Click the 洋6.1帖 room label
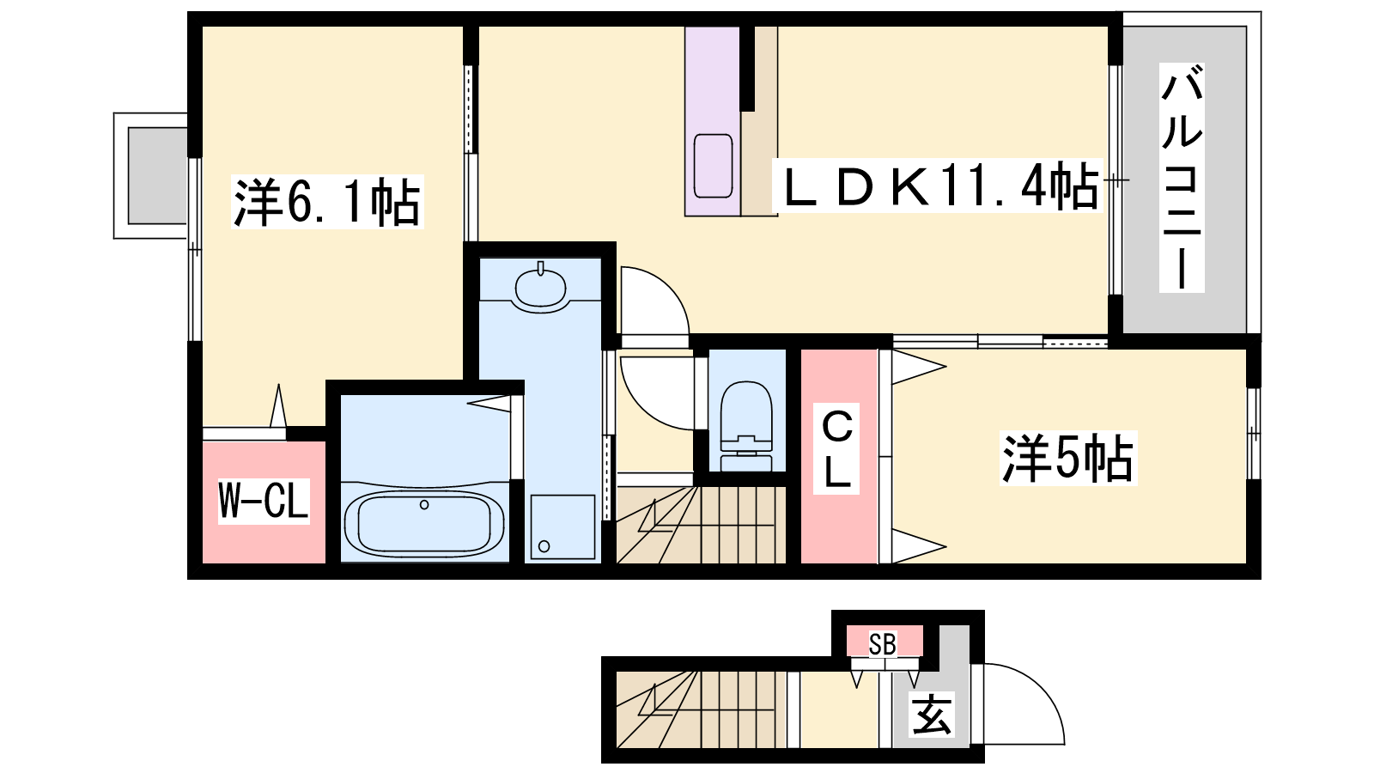pyautogui.click(x=327, y=202)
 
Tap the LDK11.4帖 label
pyautogui.click(x=938, y=186)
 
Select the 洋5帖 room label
pyautogui.click(x=1068, y=459)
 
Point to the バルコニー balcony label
pyautogui.click(x=1182, y=177)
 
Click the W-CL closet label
pyautogui.click(x=264, y=501)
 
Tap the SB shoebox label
pyautogui.click(x=883, y=644)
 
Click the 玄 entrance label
pyautogui.click(x=932, y=714)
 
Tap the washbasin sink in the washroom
pyautogui.click(x=540, y=287)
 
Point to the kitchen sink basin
pyautogui.click(x=713, y=166)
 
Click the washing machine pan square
pyautogui.click(x=562, y=527)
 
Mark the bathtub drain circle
pyautogui.click(x=424, y=505)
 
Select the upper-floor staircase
pyautogui.click(x=701, y=525)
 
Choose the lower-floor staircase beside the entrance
pyautogui.click(x=701, y=709)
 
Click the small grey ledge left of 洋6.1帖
pyautogui.click(x=157, y=176)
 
